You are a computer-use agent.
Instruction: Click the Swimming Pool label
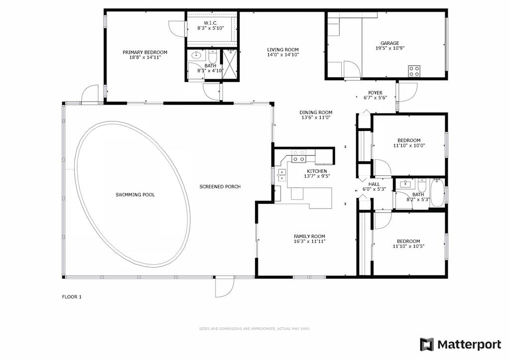click(135, 195)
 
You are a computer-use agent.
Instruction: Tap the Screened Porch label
click(220, 187)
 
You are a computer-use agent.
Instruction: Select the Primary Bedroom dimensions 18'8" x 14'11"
click(145, 57)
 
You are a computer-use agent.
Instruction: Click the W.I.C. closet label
click(211, 23)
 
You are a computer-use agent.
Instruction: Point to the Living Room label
click(283, 50)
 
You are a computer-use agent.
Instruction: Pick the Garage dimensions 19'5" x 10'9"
click(389, 48)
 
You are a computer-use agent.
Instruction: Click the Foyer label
click(375, 93)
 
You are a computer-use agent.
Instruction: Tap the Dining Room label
click(316, 113)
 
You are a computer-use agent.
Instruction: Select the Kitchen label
click(317, 171)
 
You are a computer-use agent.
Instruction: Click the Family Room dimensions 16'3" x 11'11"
click(309, 241)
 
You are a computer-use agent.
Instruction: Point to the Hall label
click(374, 184)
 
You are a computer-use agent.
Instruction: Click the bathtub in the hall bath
click(437, 193)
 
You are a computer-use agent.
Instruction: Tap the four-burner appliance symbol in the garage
click(414, 71)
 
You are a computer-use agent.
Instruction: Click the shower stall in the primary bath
click(230, 64)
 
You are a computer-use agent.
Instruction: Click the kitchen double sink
click(281, 176)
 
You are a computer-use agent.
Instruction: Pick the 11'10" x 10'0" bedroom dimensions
click(409, 146)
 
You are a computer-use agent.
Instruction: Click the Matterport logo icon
click(426, 345)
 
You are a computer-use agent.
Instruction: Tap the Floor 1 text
click(72, 297)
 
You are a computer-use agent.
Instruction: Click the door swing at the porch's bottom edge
click(225, 286)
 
